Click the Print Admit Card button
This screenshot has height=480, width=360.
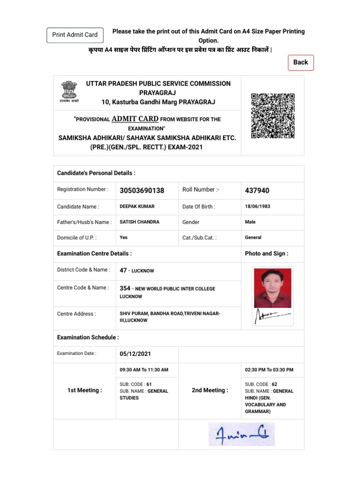pyautogui.click(x=75, y=35)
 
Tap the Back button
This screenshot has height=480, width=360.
pyautogui.click(x=300, y=62)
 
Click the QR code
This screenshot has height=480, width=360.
pyautogui.click(x=273, y=116)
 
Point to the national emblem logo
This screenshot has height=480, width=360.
pyautogui.click(x=69, y=90)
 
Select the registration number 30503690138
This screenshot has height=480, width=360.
pyautogui.click(x=142, y=190)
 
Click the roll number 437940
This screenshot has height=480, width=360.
pyautogui.click(x=257, y=190)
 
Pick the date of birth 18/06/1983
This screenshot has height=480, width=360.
pyautogui.click(x=257, y=206)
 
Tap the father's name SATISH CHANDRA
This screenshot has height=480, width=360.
pyautogui.click(x=140, y=222)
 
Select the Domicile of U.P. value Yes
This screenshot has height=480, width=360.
pyautogui.click(x=124, y=237)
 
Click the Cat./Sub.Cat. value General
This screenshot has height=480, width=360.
pyautogui.click(x=253, y=237)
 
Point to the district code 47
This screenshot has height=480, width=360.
pyautogui.click(x=123, y=270)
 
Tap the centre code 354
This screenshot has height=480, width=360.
pyautogui.click(x=125, y=288)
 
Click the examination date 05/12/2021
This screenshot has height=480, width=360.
pyautogui.click(x=135, y=354)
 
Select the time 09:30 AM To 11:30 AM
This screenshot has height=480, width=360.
pyautogui.click(x=144, y=370)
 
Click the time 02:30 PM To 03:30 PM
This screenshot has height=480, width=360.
pyautogui.click(x=269, y=370)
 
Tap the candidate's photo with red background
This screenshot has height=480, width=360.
pyautogui.click(x=272, y=287)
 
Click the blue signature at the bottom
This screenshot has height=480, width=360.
pyautogui.click(x=241, y=434)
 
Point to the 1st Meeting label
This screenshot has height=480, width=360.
pyautogui.click(x=84, y=390)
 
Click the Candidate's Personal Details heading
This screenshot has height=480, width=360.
pyautogui.click(x=96, y=173)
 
